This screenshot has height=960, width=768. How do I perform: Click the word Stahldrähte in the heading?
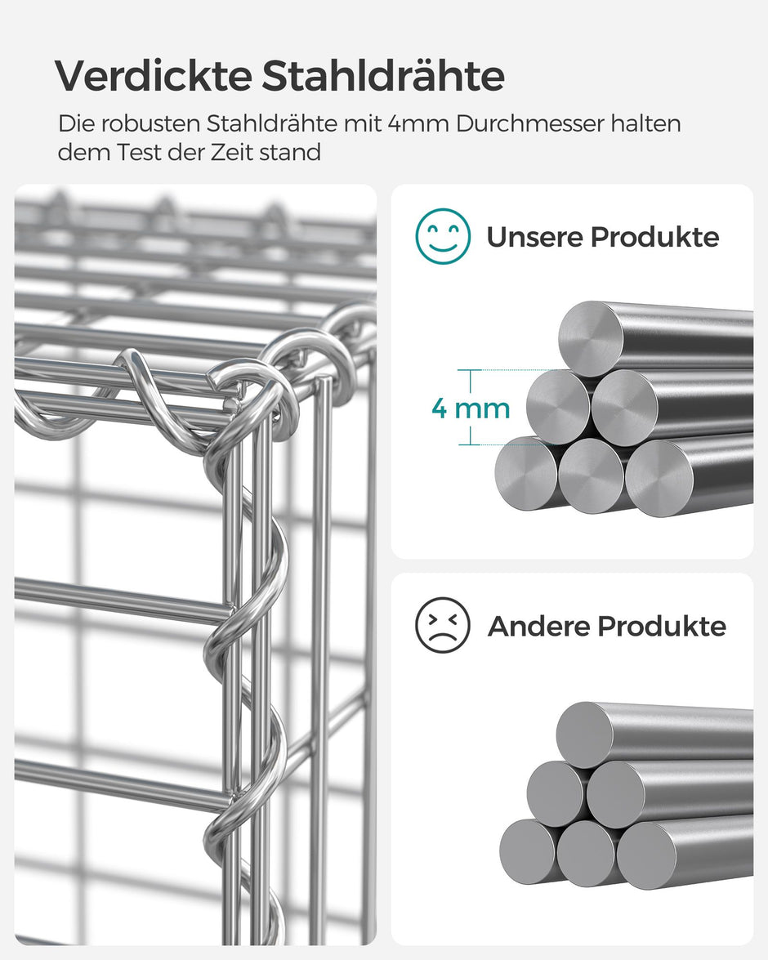[383, 76]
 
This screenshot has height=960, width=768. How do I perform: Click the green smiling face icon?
[443, 236]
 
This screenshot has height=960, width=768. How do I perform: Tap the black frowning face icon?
[443, 625]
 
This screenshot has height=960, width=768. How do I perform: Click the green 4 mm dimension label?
[471, 408]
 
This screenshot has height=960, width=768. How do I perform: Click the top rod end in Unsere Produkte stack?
[591, 337]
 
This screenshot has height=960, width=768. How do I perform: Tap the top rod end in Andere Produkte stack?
[585, 735]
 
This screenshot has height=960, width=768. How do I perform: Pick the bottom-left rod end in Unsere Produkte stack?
[526, 473]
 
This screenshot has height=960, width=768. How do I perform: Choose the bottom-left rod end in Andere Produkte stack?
[528, 851]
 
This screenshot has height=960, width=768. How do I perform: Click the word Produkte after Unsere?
[655, 238]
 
